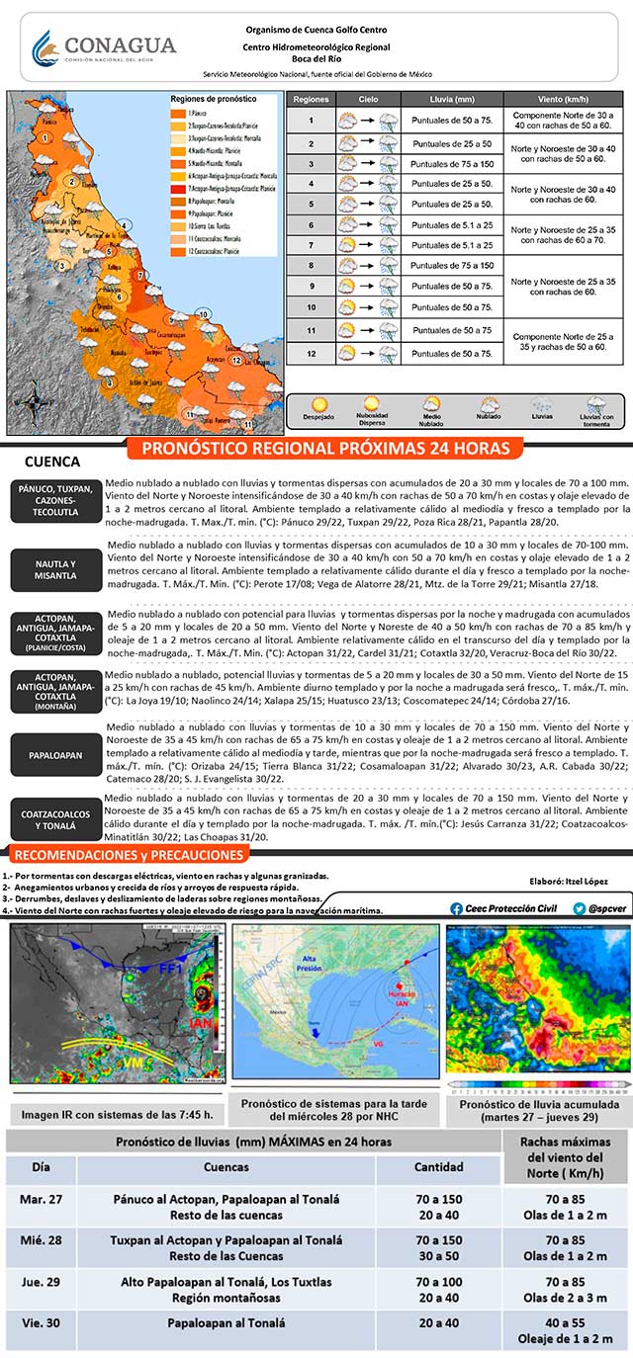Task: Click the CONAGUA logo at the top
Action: click(x=103, y=46)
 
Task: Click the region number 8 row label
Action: click(x=311, y=266)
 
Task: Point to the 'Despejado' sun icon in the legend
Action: click(x=319, y=405)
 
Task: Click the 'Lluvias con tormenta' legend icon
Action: click(x=595, y=405)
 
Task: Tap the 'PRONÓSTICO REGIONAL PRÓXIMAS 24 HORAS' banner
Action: click(x=325, y=449)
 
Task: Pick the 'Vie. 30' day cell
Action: click(x=41, y=1322)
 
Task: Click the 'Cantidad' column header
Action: click(x=438, y=1167)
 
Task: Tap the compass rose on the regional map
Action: click(x=34, y=403)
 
